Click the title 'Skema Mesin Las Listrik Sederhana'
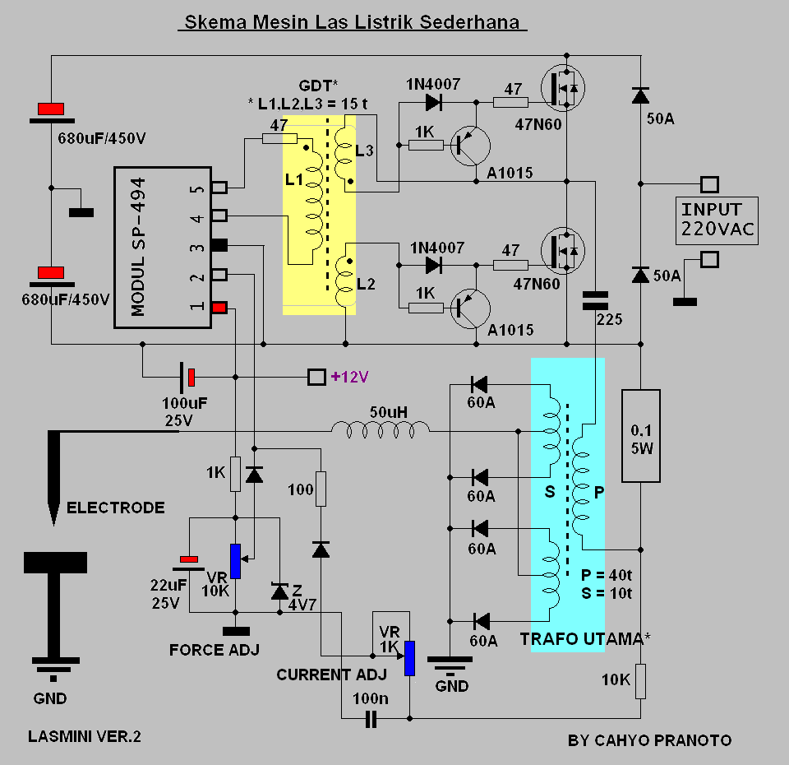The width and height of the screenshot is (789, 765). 353,22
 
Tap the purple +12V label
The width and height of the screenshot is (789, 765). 350,377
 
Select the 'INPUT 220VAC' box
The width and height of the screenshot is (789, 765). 717,220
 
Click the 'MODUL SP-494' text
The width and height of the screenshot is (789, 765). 138,247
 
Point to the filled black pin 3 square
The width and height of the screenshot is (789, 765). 219,245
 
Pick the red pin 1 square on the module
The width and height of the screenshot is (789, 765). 219,307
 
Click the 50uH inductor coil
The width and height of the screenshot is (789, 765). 381,430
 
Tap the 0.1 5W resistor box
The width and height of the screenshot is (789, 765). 640,436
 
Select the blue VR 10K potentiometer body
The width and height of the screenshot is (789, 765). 236,561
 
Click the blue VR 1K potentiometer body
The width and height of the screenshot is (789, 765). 410,658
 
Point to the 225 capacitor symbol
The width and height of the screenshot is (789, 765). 595,301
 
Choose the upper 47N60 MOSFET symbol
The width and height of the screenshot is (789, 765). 563,89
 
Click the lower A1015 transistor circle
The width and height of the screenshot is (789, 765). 470,308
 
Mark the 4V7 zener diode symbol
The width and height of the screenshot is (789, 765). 279,591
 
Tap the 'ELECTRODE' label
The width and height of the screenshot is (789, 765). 116,508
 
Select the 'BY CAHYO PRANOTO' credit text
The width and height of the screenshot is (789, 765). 649,740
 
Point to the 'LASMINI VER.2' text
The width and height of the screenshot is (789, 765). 85,737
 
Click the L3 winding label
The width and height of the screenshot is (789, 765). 364,151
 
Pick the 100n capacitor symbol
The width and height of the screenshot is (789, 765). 371,719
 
